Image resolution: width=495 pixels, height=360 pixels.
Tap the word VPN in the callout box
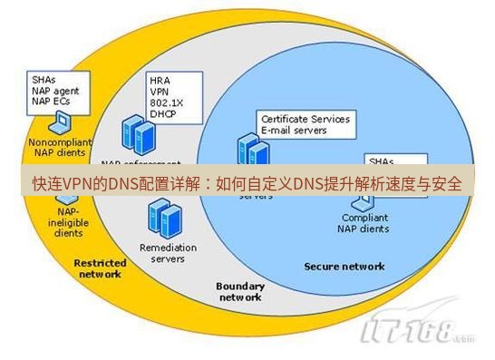[160, 92]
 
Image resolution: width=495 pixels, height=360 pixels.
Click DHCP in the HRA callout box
[162, 115]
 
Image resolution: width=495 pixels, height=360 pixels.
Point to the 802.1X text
[165, 103]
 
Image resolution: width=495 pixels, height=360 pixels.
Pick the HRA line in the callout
[160, 80]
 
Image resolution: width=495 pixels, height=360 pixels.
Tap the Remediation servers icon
[162, 218]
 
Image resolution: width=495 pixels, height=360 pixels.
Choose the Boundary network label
[240, 291]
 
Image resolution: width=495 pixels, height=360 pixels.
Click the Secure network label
[344, 267]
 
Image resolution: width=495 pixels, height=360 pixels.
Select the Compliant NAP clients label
[365, 223]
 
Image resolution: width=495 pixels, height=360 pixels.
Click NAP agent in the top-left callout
[55, 91]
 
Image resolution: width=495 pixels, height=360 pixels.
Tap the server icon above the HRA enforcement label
[138, 134]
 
